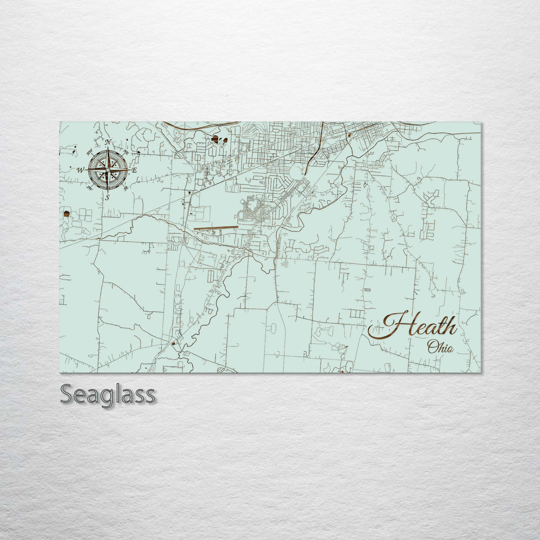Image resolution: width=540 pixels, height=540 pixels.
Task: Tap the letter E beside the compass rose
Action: point(134,170)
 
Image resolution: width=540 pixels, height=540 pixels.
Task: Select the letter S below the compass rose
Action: point(107,197)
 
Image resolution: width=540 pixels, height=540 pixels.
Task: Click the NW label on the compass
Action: point(89,152)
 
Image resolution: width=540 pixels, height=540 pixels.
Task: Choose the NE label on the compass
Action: point(125,152)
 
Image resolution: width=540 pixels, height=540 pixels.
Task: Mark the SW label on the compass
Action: point(89,188)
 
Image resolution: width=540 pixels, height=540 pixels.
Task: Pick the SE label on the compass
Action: point(125,187)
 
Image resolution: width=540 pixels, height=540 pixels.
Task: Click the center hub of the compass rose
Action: point(107,170)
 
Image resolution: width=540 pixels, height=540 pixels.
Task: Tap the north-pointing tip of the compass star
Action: point(107,150)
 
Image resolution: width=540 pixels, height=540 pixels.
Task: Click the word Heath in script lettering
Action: point(412,326)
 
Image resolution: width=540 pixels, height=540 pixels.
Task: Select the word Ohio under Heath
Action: point(440,346)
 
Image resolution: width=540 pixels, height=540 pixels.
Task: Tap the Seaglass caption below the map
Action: point(107,394)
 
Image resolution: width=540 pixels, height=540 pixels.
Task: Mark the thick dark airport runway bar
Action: point(216,228)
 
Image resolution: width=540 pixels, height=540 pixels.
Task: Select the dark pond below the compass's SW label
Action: point(66,214)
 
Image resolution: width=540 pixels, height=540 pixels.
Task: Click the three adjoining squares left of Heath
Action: point(356,314)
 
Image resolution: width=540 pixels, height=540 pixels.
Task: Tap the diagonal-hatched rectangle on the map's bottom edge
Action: point(228,370)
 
